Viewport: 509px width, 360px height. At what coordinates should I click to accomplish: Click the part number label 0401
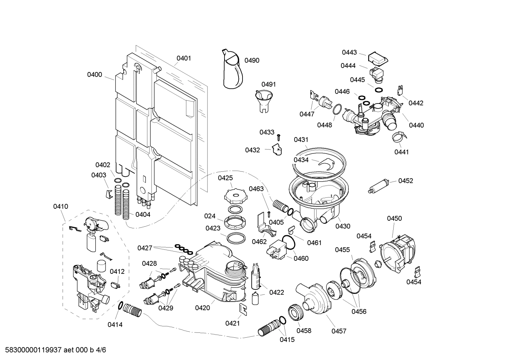pyautogui.click(x=184, y=58)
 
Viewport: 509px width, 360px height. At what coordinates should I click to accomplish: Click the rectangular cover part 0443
pyautogui.click(x=378, y=58)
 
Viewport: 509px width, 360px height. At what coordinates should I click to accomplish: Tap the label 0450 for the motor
pyautogui.click(x=394, y=218)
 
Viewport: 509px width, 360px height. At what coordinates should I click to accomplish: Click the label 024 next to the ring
pyautogui.click(x=210, y=216)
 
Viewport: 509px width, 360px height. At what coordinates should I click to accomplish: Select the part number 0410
pyautogui.click(x=61, y=206)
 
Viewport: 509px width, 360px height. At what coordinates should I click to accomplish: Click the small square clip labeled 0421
pyautogui.click(x=243, y=308)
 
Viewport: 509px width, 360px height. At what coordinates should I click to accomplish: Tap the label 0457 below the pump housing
pyautogui.click(x=339, y=331)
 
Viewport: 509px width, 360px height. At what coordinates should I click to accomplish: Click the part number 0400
pyautogui.click(x=95, y=75)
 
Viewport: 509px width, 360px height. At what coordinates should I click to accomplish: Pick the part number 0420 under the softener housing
pyautogui.click(x=202, y=308)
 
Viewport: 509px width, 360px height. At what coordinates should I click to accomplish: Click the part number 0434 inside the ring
pyautogui.click(x=301, y=160)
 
